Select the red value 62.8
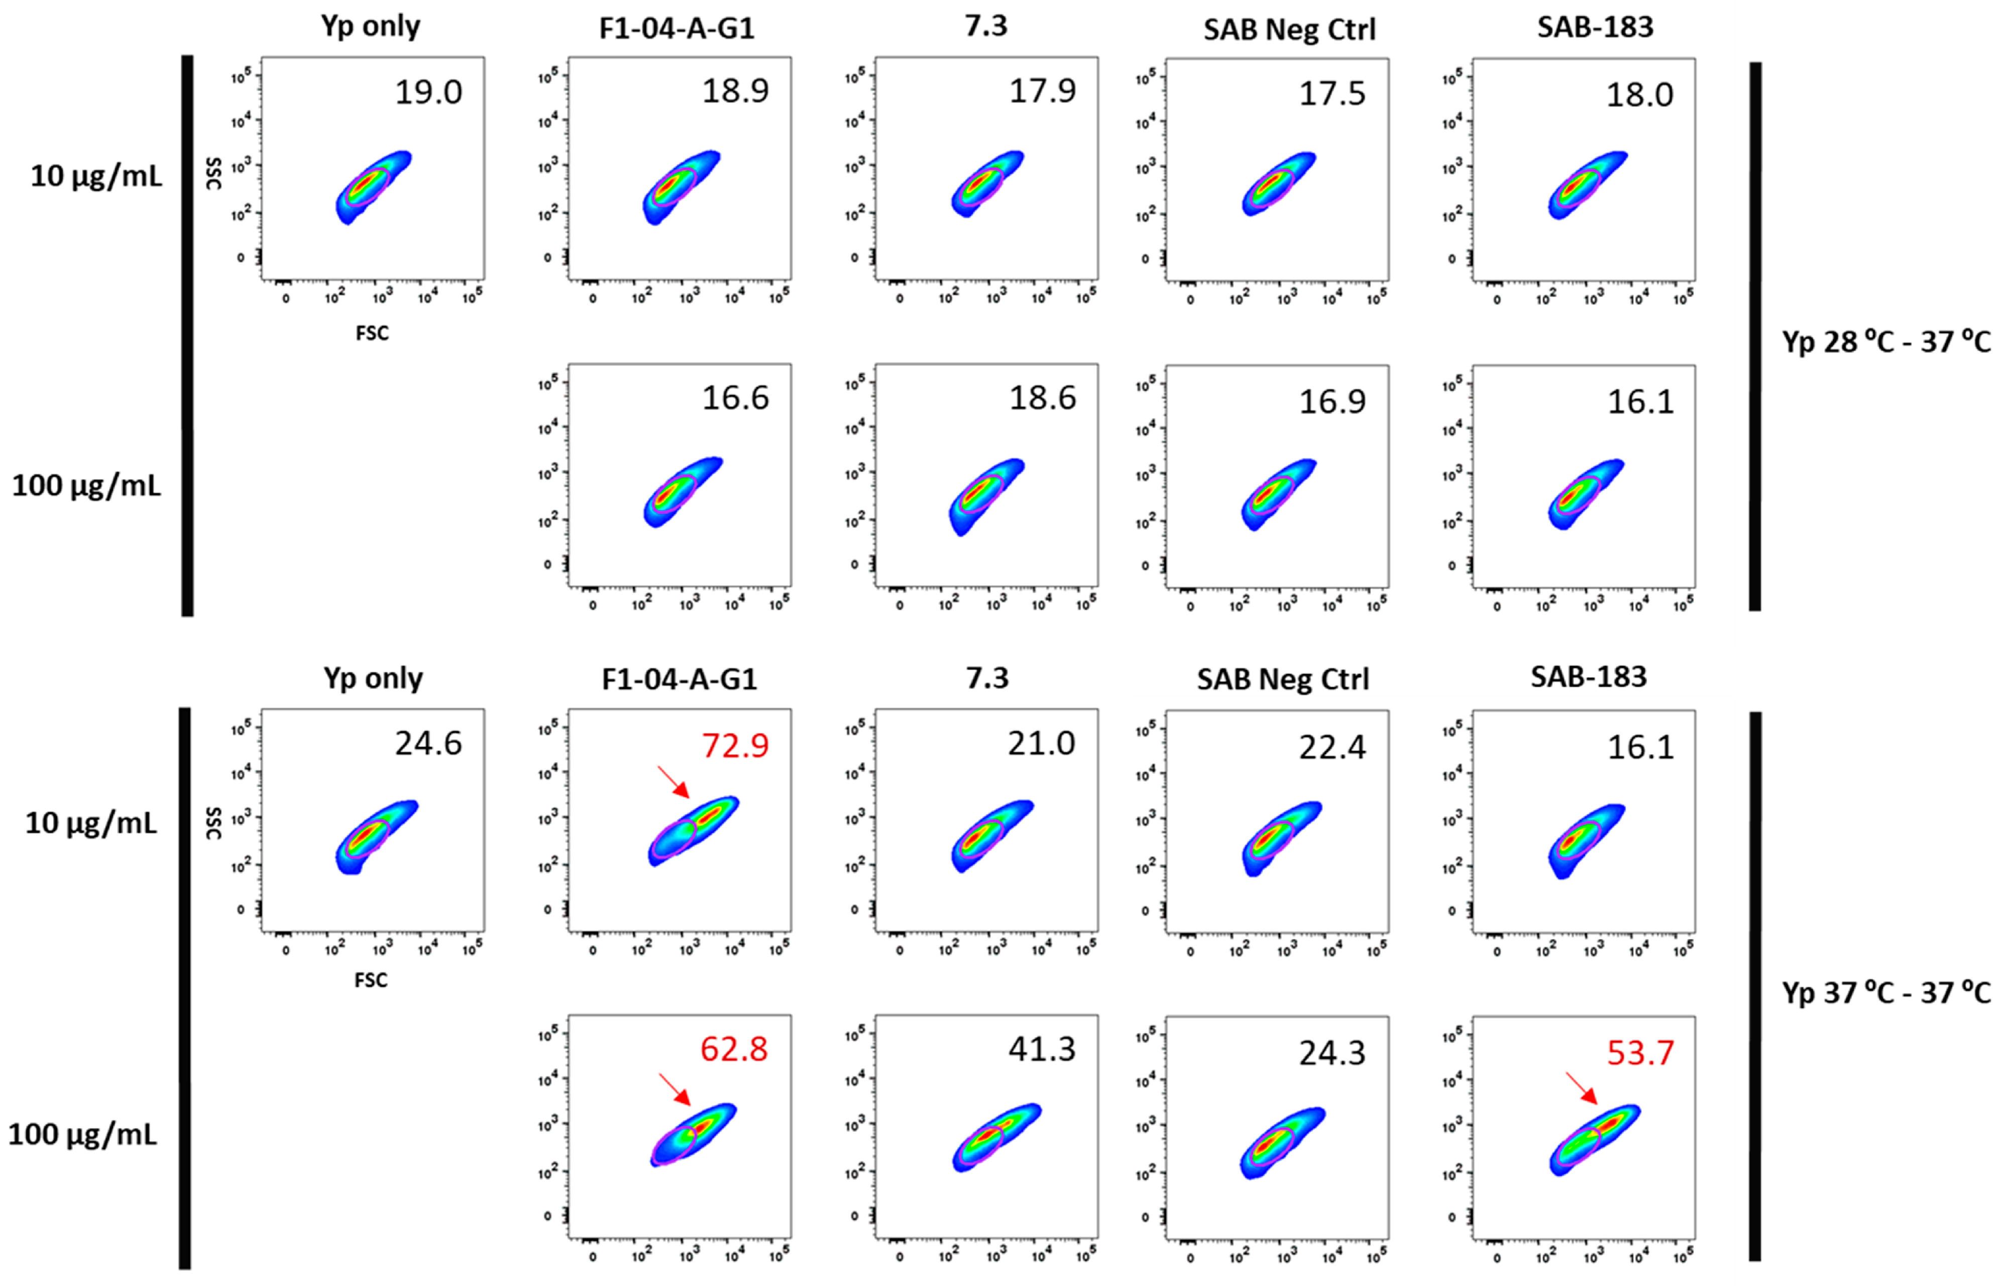734,1049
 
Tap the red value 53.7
1640,1052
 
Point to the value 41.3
1042,1049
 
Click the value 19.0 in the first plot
428,92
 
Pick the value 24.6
428,743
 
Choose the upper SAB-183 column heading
1595,28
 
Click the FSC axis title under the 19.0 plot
372,333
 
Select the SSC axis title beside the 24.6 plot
213,823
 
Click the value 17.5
1332,93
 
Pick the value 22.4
1332,747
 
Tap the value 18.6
1042,399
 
